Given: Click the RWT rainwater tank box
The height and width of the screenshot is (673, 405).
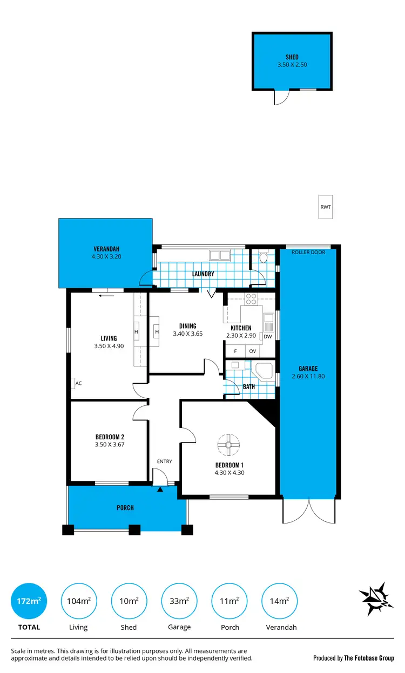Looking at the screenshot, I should [325, 207].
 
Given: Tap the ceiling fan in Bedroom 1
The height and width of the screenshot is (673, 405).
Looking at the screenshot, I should [228, 445].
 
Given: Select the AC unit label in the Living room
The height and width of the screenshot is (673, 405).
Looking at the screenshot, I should [77, 383].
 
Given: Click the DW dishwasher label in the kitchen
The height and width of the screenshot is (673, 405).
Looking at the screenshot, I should [267, 336].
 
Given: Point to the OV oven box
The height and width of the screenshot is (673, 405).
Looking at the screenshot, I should [252, 351].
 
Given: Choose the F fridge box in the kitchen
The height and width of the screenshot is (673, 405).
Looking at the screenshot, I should [235, 351].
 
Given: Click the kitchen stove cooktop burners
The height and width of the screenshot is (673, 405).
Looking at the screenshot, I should [251, 298].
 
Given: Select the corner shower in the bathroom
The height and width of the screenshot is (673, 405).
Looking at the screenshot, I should [264, 372].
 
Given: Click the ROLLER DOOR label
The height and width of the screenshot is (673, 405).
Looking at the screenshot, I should [308, 252].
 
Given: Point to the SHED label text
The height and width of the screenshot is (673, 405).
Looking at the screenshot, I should [292, 57].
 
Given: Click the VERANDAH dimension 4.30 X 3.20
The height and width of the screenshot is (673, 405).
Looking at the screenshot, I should [106, 257].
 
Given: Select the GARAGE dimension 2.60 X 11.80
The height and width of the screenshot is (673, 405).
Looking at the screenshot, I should [308, 377].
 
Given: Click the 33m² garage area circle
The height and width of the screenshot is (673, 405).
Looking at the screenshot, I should [179, 601].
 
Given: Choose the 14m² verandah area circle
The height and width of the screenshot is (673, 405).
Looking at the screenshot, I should [280, 601].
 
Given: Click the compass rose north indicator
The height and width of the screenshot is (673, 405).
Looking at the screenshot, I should [374, 599].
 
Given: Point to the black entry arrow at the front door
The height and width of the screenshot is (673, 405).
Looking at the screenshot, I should [160, 490].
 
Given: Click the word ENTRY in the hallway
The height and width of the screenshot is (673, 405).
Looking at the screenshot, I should [164, 461].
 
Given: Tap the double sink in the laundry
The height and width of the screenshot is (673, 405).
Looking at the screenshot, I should [220, 255].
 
